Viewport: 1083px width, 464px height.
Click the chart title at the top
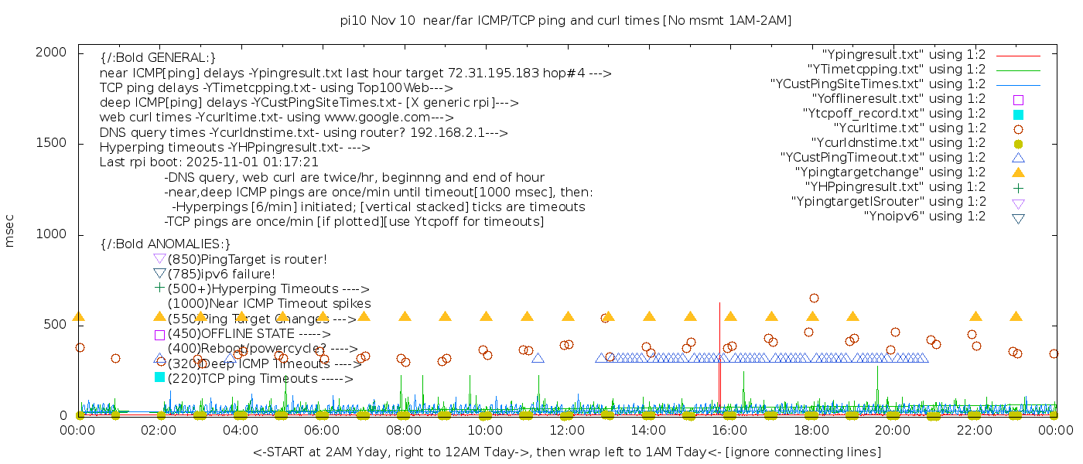(565, 20)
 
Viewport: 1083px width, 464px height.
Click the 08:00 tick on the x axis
(404, 429)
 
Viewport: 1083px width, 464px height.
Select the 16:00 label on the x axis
(730, 429)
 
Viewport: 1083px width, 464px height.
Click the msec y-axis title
(10, 231)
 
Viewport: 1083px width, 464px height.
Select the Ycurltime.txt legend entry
(909, 128)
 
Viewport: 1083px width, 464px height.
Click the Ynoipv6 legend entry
(924, 217)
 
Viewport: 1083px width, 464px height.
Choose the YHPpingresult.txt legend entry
(895, 187)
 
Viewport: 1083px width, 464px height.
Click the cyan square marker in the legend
(1019, 114)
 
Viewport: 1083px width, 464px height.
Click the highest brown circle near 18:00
(814, 298)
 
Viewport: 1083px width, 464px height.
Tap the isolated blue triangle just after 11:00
(538, 357)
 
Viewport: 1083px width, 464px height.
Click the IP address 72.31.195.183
(493, 73)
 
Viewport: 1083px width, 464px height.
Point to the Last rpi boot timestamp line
(209, 162)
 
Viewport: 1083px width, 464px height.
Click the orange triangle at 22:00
(975, 316)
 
